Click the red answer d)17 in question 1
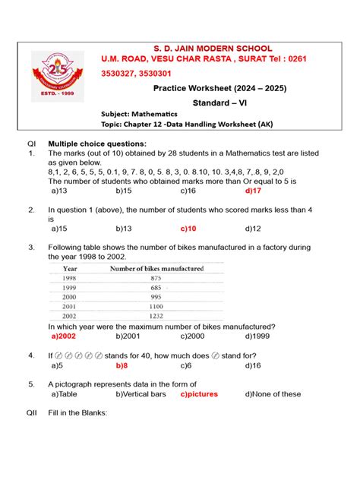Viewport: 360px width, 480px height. coord(254,191)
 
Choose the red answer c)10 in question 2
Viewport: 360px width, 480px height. coord(189,228)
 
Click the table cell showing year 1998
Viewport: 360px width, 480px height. coord(71,279)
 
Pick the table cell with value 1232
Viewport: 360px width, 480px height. coord(156,315)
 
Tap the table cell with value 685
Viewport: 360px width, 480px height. coord(156,288)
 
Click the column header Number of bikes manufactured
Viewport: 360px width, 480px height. coord(156,268)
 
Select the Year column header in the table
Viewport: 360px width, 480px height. coord(71,268)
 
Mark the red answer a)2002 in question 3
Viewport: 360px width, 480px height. coord(65,336)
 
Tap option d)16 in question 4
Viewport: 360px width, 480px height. coord(254,365)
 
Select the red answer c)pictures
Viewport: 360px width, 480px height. coord(199,394)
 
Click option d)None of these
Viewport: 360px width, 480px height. coord(273,394)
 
